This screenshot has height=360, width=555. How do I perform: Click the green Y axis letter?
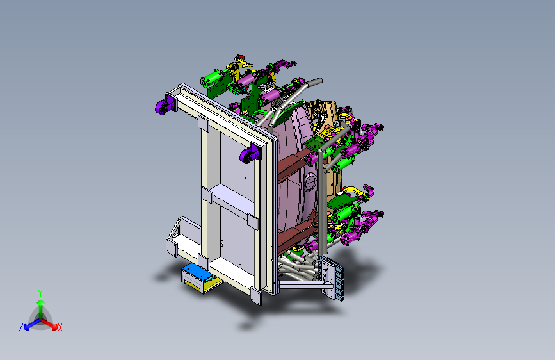point(40,293)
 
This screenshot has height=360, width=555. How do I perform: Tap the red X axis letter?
point(60,327)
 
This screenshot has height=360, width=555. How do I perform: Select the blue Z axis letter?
point(21,327)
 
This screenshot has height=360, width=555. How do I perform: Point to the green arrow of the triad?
point(41,309)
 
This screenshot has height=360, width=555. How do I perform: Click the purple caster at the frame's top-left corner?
point(165,104)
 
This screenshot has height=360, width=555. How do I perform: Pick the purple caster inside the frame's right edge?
point(250,154)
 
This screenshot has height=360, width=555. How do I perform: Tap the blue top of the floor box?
point(199,272)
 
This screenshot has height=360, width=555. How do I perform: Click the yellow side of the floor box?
point(193,285)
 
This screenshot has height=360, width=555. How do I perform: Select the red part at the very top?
point(240,57)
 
